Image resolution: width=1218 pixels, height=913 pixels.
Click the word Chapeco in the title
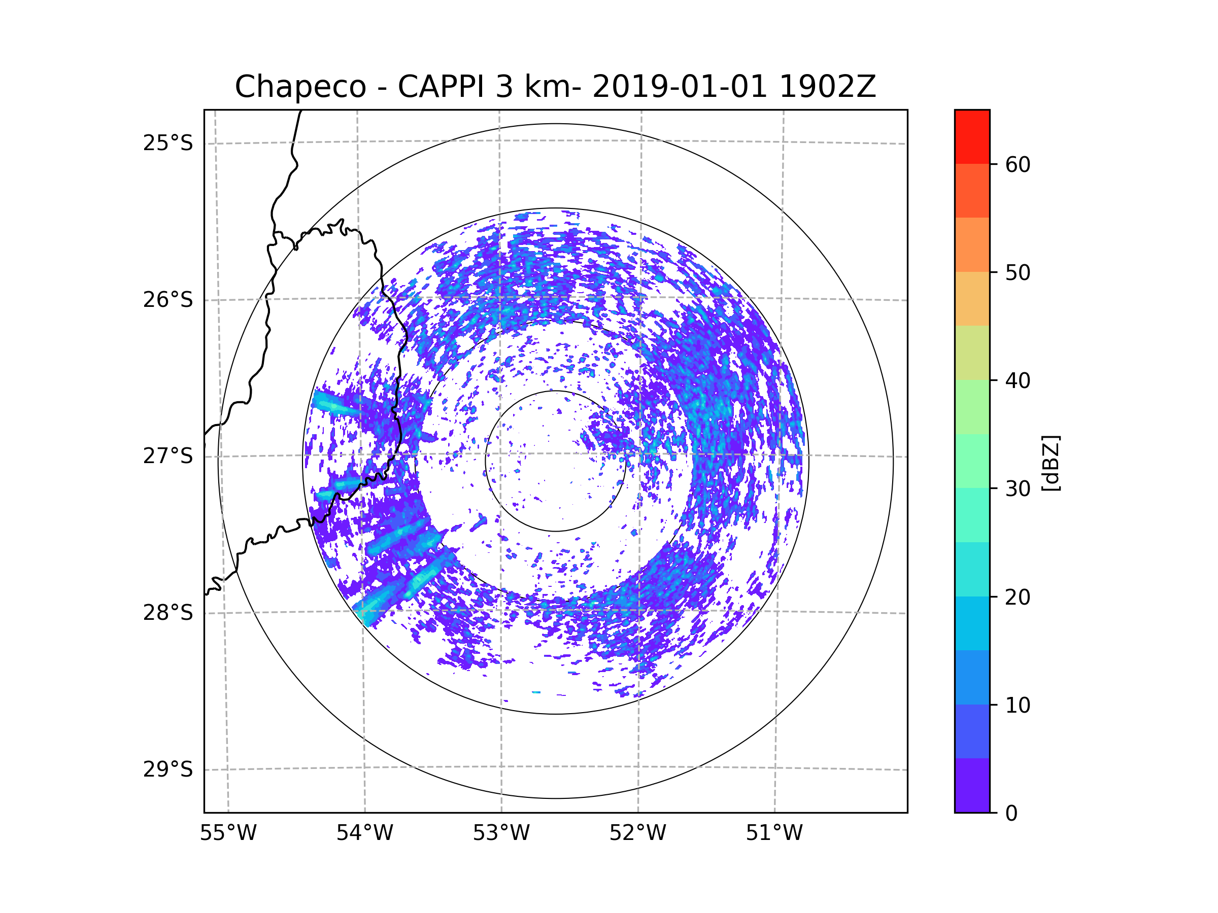[300, 87]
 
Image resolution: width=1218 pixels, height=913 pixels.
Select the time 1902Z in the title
[827, 87]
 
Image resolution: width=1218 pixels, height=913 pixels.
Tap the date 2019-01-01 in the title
[680, 87]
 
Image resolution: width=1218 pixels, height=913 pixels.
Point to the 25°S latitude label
[168, 143]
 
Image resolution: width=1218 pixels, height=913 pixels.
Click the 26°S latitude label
[168, 300]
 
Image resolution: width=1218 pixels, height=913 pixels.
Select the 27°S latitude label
[168, 456]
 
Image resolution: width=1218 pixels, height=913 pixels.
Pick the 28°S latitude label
[168, 613]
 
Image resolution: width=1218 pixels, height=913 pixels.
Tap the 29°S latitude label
[168, 769]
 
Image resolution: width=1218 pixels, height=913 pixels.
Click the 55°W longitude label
[228, 833]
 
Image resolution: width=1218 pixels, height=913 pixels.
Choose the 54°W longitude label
[364, 833]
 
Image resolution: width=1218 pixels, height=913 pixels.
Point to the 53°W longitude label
[501, 833]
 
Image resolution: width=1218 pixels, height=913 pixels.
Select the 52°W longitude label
[637, 833]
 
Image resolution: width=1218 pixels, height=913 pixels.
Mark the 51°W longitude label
[774, 833]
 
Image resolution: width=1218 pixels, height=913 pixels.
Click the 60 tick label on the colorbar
[1018, 164]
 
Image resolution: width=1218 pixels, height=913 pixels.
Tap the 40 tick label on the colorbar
[1018, 381]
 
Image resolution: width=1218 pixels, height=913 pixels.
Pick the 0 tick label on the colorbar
[1011, 814]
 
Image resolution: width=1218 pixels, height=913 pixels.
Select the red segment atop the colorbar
[972, 136]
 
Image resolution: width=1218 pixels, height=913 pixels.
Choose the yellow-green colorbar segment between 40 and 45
[972, 353]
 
